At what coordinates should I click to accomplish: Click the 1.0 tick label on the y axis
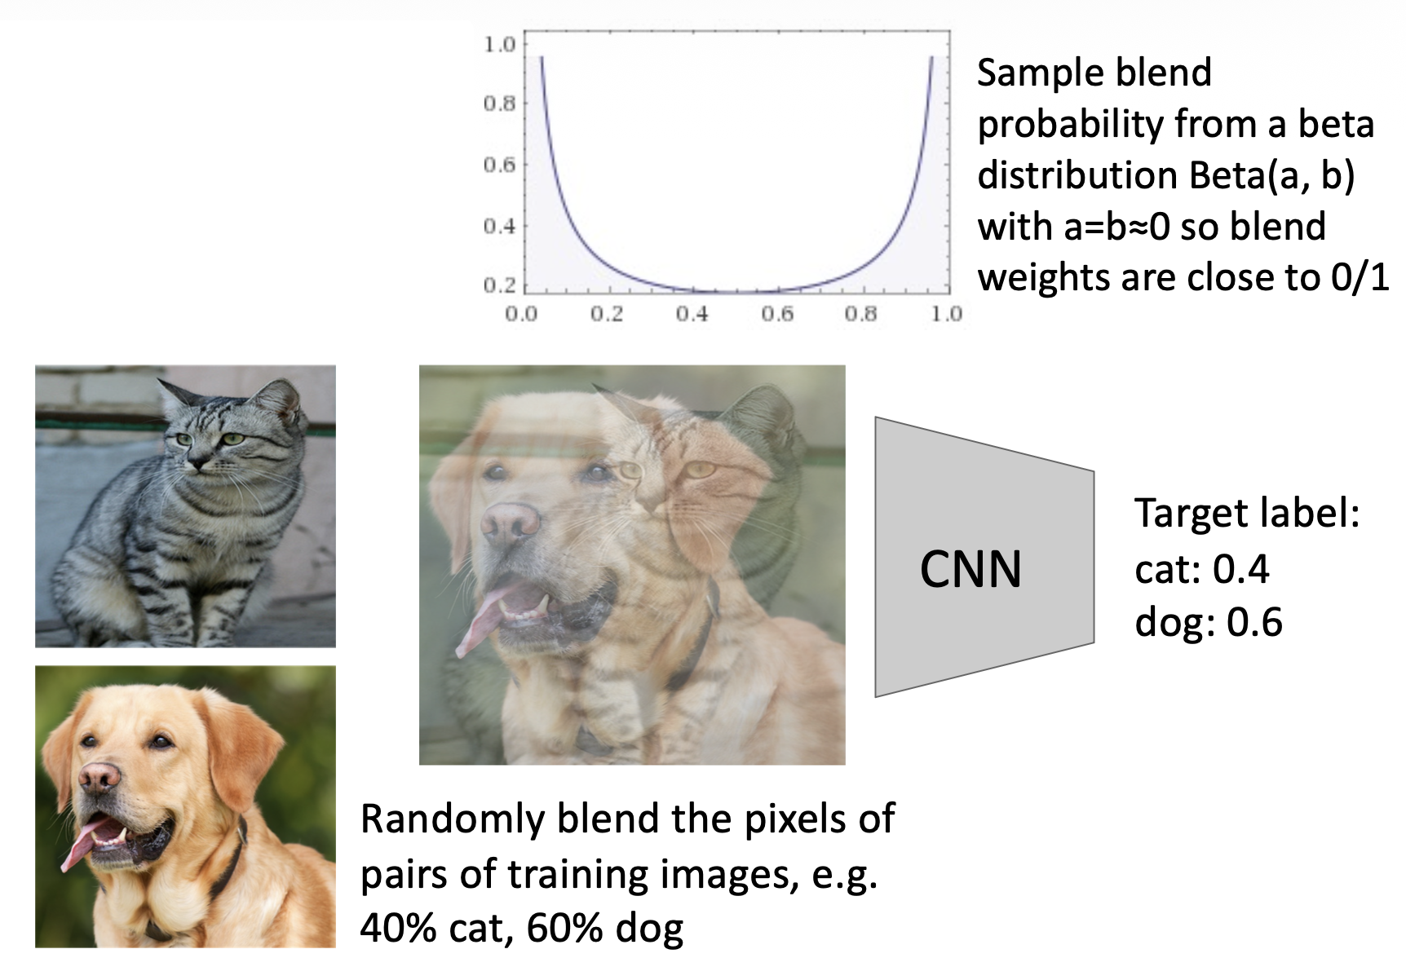tap(500, 44)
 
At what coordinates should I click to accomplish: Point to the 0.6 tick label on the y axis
tap(500, 165)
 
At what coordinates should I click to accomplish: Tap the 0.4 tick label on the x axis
tap(692, 314)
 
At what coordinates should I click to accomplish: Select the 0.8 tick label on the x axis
tap(861, 314)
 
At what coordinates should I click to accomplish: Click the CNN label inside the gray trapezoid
tap(970, 569)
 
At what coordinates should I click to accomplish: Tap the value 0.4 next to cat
tap(1240, 569)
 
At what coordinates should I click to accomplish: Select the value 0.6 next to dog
tap(1254, 623)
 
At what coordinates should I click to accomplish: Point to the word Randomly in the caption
tap(453, 819)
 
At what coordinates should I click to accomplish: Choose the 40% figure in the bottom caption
tap(397, 928)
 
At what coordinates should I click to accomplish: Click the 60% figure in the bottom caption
tap(564, 928)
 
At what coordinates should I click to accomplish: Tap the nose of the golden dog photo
tap(99, 779)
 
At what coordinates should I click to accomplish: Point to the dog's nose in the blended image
tap(510, 523)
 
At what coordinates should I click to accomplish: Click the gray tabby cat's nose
tap(197, 462)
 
